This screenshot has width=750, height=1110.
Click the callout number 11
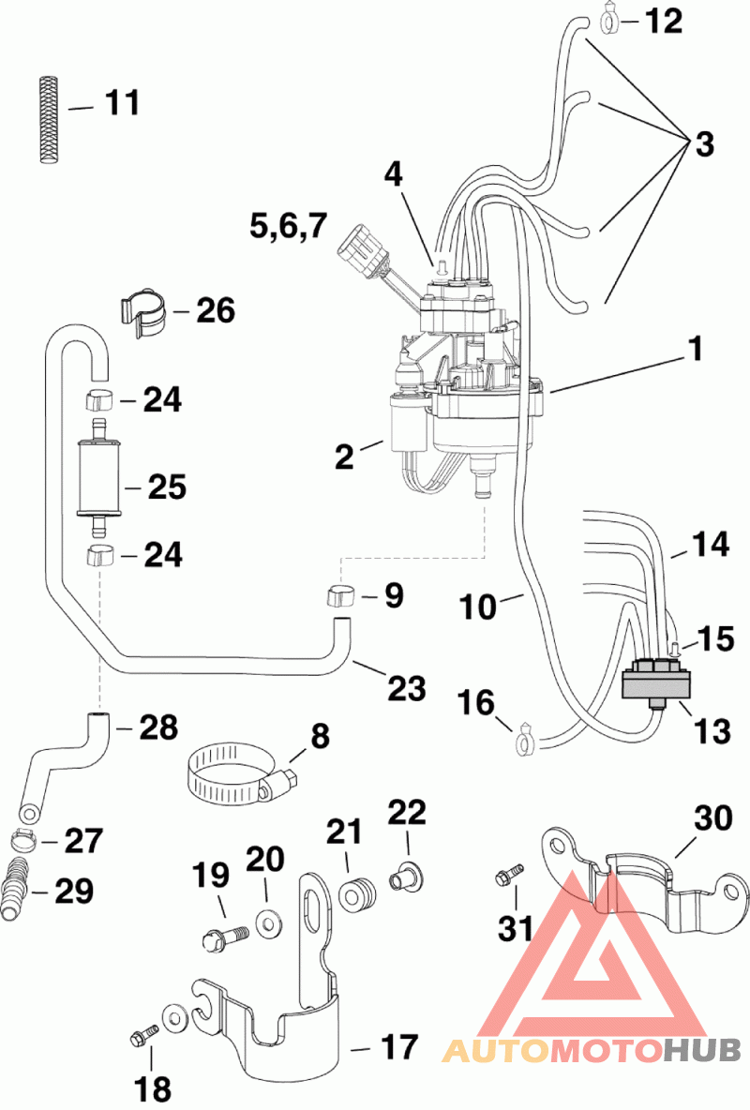coord(121,103)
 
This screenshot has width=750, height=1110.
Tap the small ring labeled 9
coord(343,595)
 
